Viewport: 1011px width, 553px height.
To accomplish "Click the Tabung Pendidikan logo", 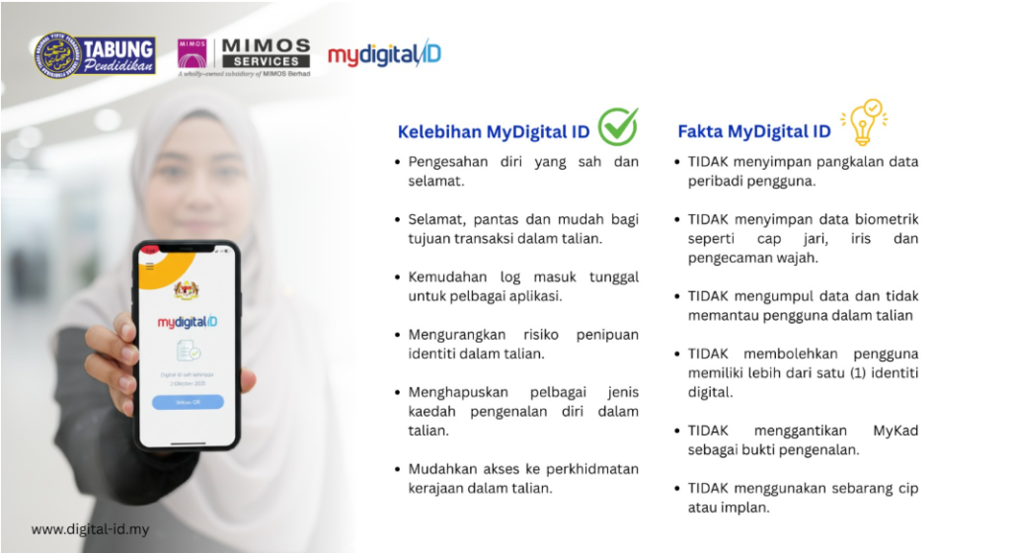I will (95, 56).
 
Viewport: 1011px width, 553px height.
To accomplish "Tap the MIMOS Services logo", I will (243, 57).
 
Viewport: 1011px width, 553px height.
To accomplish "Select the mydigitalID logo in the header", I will (384, 54).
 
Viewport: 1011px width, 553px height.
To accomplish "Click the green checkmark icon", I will (618, 126).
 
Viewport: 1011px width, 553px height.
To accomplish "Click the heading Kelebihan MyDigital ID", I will (494, 132).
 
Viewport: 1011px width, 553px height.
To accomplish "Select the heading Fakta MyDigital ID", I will (753, 131).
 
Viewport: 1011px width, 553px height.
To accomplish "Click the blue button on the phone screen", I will (188, 402).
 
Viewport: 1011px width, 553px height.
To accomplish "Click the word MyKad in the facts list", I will (895, 431).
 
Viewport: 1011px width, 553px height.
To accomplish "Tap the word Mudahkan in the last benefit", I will (441, 468).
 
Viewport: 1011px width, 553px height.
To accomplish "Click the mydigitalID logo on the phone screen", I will (187, 322).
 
